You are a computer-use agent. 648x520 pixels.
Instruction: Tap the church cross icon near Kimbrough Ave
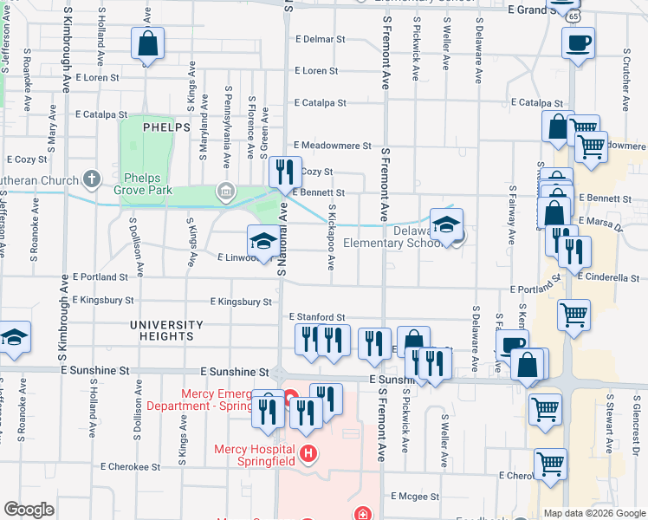[93, 180]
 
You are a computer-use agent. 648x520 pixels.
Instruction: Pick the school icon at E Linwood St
[263, 242]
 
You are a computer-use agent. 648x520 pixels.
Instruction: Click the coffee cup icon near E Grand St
[578, 42]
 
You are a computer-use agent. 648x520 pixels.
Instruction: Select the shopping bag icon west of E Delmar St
[147, 43]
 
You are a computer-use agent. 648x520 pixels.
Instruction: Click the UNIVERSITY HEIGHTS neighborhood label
[166, 330]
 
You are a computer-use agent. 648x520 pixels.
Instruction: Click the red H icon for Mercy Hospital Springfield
[306, 453]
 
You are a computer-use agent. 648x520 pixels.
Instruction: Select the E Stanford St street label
[317, 318]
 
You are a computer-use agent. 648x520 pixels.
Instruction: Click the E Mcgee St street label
[418, 497]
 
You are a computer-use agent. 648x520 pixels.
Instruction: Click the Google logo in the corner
[28, 510]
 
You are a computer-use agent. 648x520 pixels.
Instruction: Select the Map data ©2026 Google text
[594, 513]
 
